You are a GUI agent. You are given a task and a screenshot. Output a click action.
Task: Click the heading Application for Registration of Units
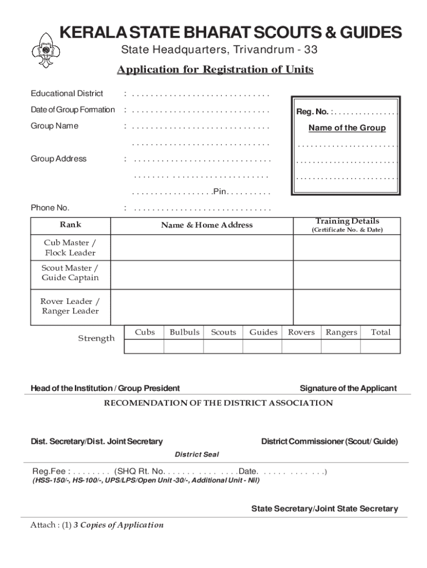[x=215, y=69]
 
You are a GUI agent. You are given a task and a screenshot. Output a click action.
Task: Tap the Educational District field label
[x=67, y=93]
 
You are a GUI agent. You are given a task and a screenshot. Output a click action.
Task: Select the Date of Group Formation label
[x=73, y=110]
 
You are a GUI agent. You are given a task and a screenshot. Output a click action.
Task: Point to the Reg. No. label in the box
[x=313, y=112]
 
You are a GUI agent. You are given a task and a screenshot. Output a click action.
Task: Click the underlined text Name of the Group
[x=347, y=128]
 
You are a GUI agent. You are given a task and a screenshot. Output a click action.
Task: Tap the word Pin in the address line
[x=220, y=192]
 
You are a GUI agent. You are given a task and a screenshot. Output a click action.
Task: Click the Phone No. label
[x=50, y=208]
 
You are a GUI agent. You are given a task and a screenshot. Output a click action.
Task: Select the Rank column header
[x=70, y=225]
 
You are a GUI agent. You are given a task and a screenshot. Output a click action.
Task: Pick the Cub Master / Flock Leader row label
[x=70, y=248]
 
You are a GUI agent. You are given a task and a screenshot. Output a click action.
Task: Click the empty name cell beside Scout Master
[x=202, y=273]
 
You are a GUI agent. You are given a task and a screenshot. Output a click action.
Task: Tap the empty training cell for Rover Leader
[x=347, y=306]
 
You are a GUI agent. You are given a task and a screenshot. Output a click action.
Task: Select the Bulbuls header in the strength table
[x=184, y=332]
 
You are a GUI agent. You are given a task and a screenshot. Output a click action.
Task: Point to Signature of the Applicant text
[x=348, y=388]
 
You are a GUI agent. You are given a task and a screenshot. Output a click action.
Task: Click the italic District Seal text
[x=197, y=454]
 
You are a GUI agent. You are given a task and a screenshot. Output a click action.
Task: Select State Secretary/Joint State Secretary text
[x=324, y=509]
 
